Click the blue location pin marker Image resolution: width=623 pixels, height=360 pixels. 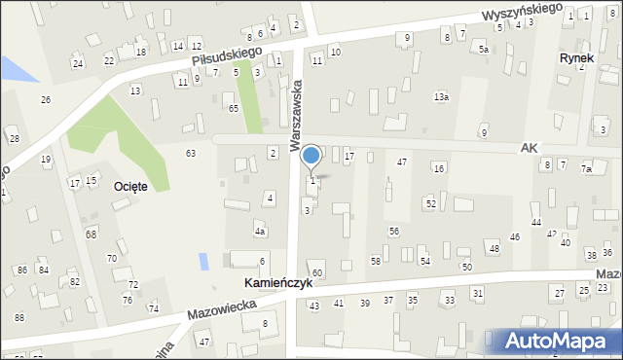click(x=311, y=157)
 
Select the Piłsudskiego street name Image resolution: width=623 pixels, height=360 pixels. click(x=228, y=56)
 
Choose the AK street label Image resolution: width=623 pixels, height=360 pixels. click(x=529, y=147)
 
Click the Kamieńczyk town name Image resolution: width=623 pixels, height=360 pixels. click(x=278, y=283)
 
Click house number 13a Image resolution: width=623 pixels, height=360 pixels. click(x=442, y=97)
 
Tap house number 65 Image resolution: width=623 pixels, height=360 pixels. click(x=234, y=108)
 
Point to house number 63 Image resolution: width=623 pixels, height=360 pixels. click(x=191, y=153)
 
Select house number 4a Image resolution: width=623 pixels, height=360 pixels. click(x=260, y=232)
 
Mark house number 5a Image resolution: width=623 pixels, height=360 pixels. click(x=483, y=49)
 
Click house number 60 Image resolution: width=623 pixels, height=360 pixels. click(x=317, y=272)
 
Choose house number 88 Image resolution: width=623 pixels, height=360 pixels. click(x=18, y=318)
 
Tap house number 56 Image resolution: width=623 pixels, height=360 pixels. click(x=394, y=231)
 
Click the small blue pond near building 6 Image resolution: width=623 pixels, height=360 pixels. click(x=202, y=261)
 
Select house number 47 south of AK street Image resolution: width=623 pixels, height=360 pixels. click(x=401, y=162)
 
